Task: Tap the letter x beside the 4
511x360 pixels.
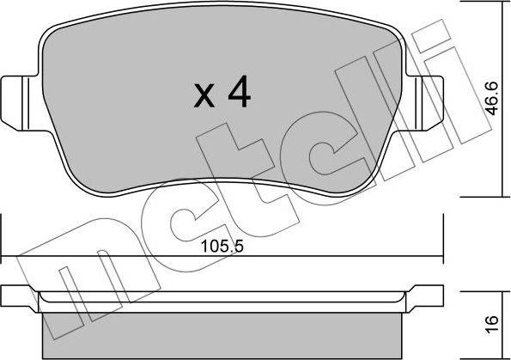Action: (x=204, y=96)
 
